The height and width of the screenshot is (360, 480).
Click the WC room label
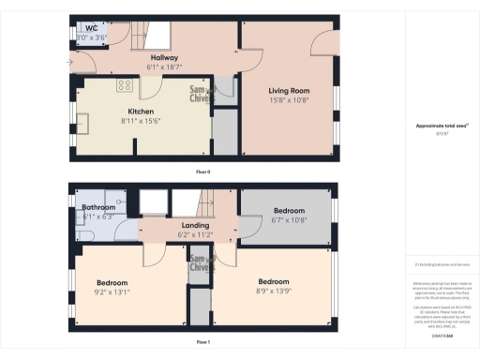coord(92,28)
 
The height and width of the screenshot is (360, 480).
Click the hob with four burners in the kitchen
coord(124,85)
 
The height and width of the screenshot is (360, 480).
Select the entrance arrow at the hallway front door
coord(68,63)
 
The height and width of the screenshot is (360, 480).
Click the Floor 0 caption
coord(202,172)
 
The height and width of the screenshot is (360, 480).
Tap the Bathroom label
coord(98,207)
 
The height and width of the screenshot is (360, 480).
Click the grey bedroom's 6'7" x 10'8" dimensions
coord(289,220)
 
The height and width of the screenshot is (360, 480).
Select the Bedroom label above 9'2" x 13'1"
coord(112,282)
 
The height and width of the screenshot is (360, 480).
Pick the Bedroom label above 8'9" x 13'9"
coord(273,282)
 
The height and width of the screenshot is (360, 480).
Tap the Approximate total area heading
coord(441,126)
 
